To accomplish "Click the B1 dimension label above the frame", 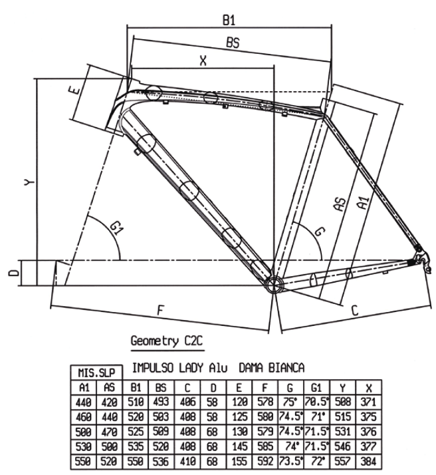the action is [229, 21].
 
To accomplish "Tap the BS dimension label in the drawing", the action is [233, 43].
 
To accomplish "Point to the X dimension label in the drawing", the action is [203, 61].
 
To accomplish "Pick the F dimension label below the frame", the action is [161, 310].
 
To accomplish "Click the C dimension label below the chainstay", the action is [355, 310].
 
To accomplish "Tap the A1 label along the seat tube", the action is [364, 203].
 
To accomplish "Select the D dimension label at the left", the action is [13, 273].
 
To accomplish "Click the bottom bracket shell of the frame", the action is [273, 284].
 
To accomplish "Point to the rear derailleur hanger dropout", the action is [423, 261].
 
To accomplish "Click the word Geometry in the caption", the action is [154, 341].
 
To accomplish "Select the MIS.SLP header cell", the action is [96, 373].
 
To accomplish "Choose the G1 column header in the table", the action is [316, 387].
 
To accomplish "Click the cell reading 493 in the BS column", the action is [161, 402].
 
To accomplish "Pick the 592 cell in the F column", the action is [265, 462].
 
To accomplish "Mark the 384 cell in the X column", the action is [368, 462].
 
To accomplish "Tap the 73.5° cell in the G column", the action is [290, 462].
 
